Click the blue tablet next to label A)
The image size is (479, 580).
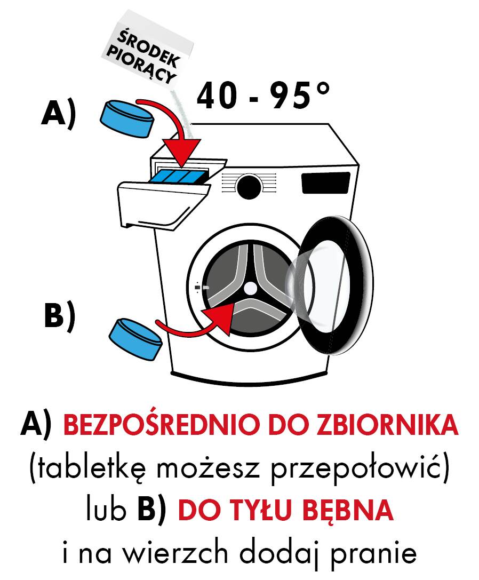tap(127, 118)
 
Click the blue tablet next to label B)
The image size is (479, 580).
tap(135, 339)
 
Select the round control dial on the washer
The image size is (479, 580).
tap(249, 187)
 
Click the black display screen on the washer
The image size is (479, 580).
tap(326, 182)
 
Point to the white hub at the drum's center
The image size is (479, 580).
tap(251, 288)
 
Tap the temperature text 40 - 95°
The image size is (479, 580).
tap(263, 96)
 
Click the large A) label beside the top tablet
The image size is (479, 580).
tap(59, 115)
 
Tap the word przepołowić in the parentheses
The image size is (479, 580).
tap(356, 468)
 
